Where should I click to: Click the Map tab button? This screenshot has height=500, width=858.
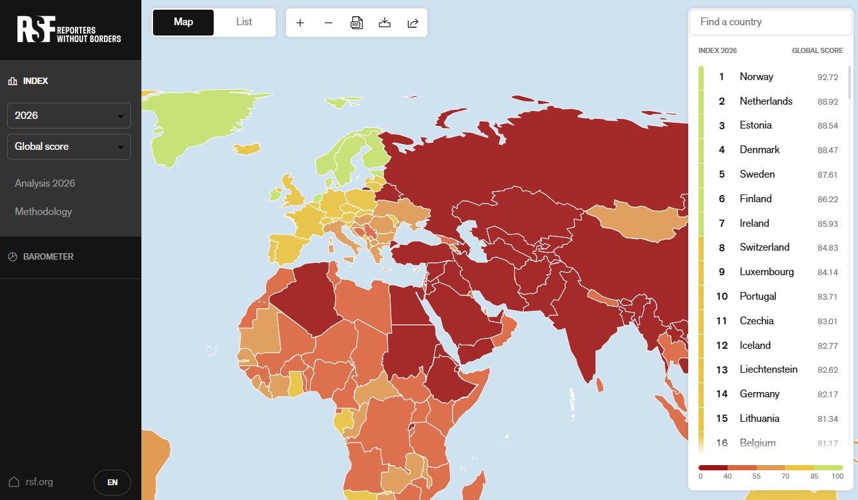[x=183, y=22]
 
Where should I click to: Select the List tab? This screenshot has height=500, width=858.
[x=244, y=22]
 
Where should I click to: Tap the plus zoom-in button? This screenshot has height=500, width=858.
[x=300, y=23]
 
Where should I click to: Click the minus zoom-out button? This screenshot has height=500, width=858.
[x=329, y=23]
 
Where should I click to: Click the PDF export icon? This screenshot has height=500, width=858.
[x=356, y=23]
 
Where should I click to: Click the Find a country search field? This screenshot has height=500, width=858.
[x=770, y=22]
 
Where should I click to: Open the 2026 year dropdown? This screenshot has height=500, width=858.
[x=69, y=116]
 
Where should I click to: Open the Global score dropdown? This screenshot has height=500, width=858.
[x=69, y=147]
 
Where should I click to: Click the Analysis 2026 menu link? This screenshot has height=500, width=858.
[x=45, y=183]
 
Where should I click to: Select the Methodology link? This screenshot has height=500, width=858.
[x=43, y=212]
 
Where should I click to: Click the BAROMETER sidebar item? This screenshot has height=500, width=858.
[x=48, y=256]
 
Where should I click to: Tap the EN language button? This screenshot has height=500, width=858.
[x=112, y=482]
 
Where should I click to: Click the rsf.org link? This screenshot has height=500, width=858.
[x=39, y=482]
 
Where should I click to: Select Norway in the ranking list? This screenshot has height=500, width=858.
[x=756, y=77]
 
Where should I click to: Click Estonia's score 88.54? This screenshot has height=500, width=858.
[x=827, y=126]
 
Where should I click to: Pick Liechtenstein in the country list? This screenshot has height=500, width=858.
[x=768, y=370]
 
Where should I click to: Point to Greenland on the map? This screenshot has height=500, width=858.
[x=194, y=123]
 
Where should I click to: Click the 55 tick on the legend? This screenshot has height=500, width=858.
[x=757, y=476]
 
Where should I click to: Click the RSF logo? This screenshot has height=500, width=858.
[x=69, y=29]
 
